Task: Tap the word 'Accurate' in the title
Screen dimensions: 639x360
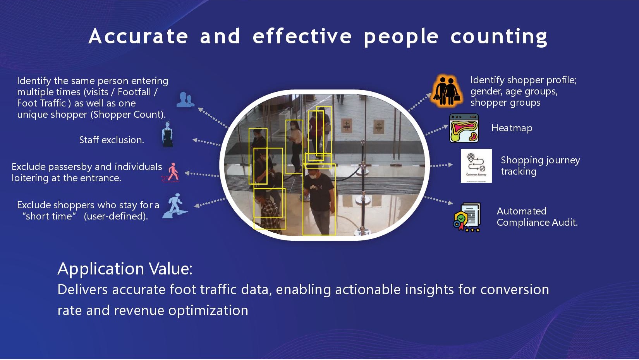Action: [138, 36]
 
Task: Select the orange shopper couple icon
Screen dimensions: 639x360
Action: [447, 91]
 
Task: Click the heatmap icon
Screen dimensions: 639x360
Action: [464, 128]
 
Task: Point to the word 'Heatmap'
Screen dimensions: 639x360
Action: [512, 128]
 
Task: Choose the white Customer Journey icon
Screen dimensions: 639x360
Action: [476, 166]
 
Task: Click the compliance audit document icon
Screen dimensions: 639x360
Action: [467, 217]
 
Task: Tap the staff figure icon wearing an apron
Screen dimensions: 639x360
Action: [167, 134]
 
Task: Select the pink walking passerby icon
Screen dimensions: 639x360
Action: [171, 172]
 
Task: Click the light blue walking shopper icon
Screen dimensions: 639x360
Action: [175, 206]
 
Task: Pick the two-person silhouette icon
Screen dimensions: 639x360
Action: [186, 99]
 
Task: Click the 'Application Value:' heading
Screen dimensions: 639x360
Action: [125, 269]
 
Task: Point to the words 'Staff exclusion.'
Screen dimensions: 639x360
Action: [112, 140]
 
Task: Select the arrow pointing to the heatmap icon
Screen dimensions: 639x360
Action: [437, 130]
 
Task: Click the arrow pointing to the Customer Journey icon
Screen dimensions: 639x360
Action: [441, 165]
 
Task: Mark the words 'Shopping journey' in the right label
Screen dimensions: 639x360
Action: [540, 161]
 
